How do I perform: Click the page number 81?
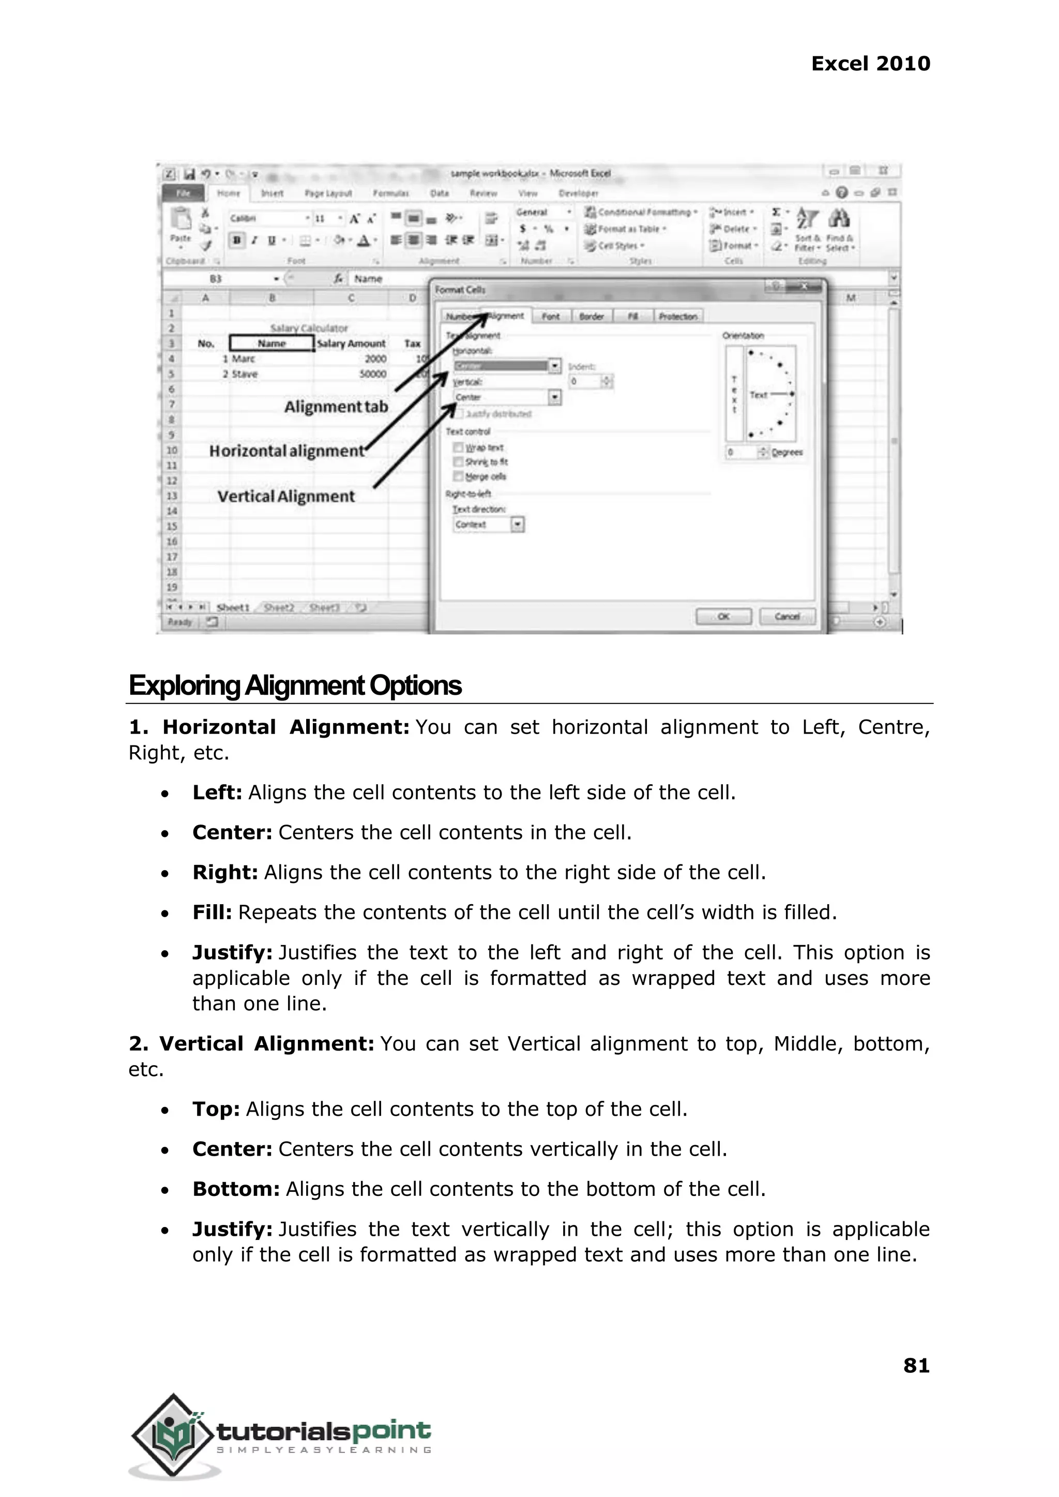pos(916,1365)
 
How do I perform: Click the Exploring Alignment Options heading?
pos(295,685)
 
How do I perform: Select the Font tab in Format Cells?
pos(550,317)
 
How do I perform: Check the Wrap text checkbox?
pos(459,447)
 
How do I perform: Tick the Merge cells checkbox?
pos(459,476)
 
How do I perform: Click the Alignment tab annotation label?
pos(336,407)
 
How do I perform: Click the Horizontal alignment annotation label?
pos(286,451)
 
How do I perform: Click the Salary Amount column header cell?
pos(351,343)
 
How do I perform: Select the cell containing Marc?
pos(243,359)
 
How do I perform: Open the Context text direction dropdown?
pos(517,525)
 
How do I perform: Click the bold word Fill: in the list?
pos(212,912)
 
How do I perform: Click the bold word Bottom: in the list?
pos(235,1189)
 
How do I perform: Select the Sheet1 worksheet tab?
pos(233,607)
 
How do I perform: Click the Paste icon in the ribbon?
pos(180,225)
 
